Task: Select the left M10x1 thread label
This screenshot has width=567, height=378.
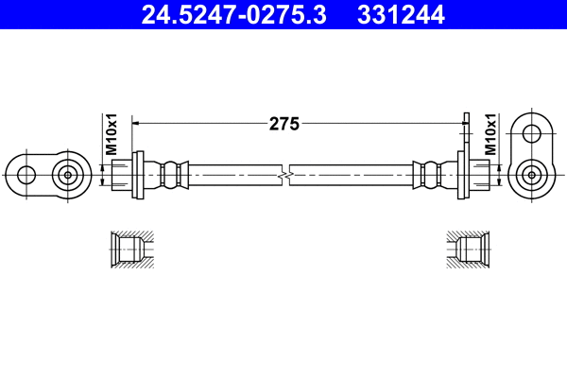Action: [111, 134]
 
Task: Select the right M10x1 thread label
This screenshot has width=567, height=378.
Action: [490, 134]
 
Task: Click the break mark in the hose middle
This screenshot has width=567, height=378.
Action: [284, 175]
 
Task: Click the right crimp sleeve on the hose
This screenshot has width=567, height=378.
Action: [429, 175]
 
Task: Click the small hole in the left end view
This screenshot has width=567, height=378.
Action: [26, 174]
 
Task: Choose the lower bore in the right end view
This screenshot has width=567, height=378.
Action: [532, 174]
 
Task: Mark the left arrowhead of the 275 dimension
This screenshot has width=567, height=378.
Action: [135, 122]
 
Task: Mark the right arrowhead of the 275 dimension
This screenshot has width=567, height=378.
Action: [462, 122]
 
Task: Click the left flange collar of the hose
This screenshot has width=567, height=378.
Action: [139, 175]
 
